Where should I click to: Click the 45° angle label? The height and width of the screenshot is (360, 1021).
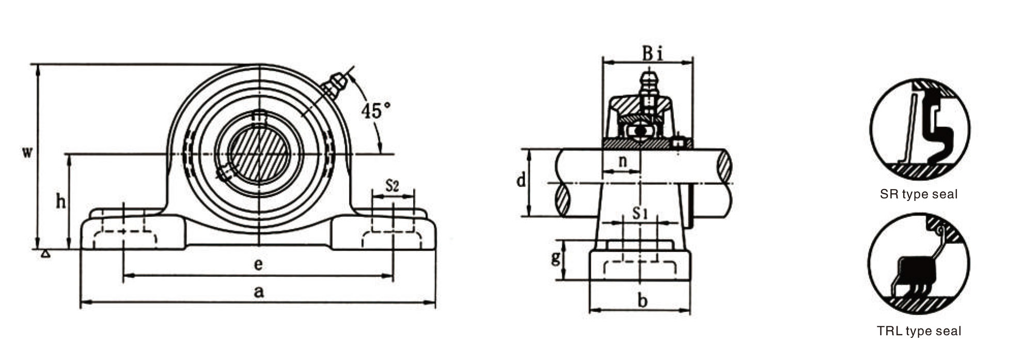[x=375, y=111]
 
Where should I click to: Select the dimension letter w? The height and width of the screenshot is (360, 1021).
[x=28, y=152]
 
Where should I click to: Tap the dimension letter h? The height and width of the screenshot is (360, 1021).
[x=61, y=201]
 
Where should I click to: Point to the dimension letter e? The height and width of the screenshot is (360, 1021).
[x=259, y=264]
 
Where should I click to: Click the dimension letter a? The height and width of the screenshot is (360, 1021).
[x=259, y=292]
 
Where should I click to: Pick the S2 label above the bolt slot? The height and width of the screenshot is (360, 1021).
[x=392, y=185]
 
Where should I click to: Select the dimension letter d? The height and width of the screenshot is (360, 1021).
[x=522, y=181]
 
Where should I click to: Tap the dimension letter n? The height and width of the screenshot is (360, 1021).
[x=622, y=161]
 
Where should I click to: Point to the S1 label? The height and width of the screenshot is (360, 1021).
[x=640, y=212]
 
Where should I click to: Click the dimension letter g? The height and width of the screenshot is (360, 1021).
[x=556, y=257]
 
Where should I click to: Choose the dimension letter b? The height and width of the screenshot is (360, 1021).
[x=642, y=300]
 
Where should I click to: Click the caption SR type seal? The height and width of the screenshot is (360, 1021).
[x=919, y=194]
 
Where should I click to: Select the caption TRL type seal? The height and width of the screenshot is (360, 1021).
[x=919, y=331]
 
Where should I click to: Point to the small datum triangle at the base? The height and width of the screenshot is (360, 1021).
[x=46, y=253]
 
